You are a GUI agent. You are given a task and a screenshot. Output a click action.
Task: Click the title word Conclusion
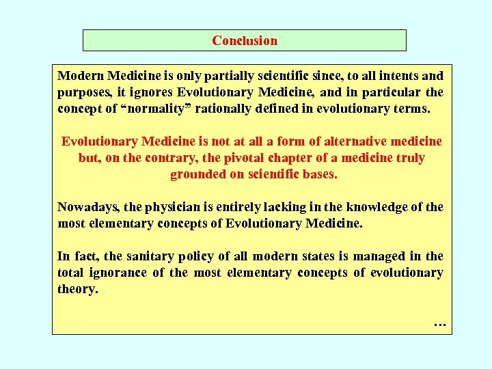coord(245,40)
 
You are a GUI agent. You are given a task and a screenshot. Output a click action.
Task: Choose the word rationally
coord(240,109)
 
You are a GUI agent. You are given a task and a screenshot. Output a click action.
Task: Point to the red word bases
coord(320,174)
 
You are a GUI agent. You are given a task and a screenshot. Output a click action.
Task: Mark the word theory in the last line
coord(76,289)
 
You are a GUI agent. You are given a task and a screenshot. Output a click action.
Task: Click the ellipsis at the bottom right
coord(439,323)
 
